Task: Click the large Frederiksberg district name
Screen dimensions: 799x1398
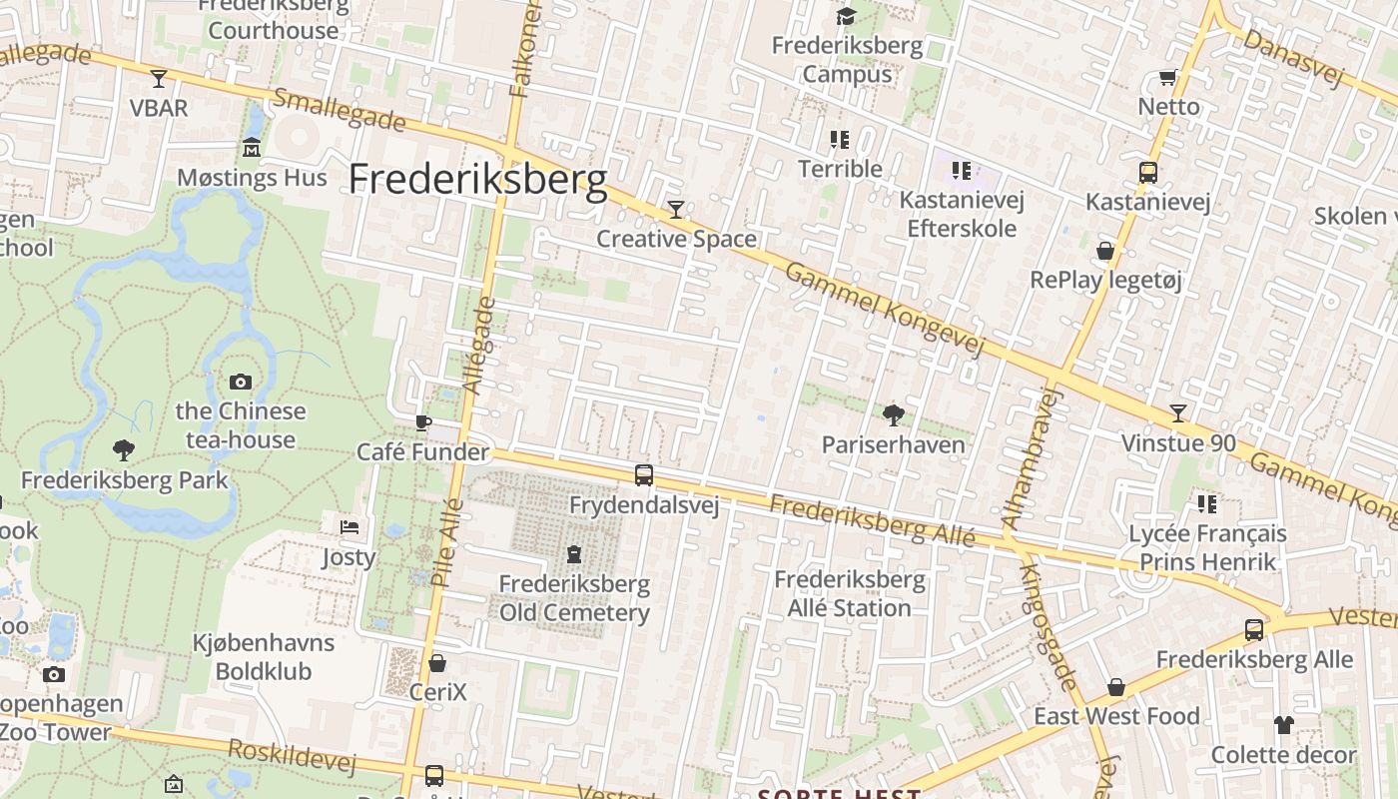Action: coord(477,180)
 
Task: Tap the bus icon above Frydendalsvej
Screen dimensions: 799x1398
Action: coord(644,475)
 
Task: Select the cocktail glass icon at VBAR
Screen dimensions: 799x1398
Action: coord(159,78)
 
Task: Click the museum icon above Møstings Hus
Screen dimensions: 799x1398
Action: coord(252,148)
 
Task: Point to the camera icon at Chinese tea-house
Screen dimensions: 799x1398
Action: coord(241,382)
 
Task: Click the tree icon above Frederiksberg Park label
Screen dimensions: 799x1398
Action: coord(124,450)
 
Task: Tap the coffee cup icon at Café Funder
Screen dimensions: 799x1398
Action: coord(423,422)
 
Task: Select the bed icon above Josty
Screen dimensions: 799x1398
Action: coord(349,526)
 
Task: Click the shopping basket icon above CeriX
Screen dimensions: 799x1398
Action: coord(437,662)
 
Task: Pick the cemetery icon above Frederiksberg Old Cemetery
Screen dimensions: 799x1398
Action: coord(574,553)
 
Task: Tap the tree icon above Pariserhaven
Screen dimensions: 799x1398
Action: coord(893,414)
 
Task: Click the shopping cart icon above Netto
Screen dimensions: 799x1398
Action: coord(1167,77)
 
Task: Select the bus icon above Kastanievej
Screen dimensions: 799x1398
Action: coord(1148,172)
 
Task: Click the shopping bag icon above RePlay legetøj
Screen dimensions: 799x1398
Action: coord(1105,250)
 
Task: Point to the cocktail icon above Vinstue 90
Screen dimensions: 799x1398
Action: coord(1178,413)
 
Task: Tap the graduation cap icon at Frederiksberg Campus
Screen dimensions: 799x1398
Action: coord(846,16)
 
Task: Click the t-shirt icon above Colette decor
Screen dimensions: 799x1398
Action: coord(1283,725)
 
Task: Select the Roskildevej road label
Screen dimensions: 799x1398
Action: coord(292,756)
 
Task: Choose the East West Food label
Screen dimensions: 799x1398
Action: coord(1116,716)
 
